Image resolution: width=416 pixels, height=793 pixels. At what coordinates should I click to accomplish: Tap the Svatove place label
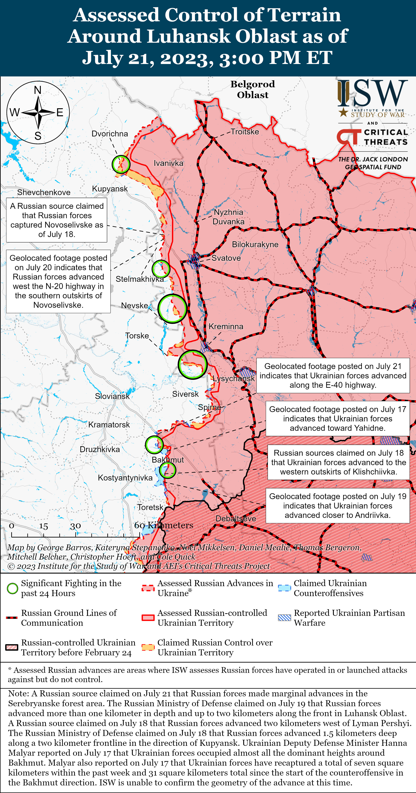(x=226, y=258)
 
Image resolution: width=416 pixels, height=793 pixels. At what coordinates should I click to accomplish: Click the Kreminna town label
(x=226, y=326)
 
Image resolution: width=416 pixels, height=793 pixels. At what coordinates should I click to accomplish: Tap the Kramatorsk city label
(x=109, y=425)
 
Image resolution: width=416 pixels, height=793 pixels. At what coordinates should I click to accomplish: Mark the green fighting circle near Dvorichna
(x=121, y=164)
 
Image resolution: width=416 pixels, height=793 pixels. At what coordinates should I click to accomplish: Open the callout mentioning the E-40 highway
(x=333, y=376)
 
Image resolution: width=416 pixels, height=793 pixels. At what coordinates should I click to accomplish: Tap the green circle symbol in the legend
(x=12, y=588)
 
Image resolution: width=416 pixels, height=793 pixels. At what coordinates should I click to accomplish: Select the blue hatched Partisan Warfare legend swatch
(x=284, y=617)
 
